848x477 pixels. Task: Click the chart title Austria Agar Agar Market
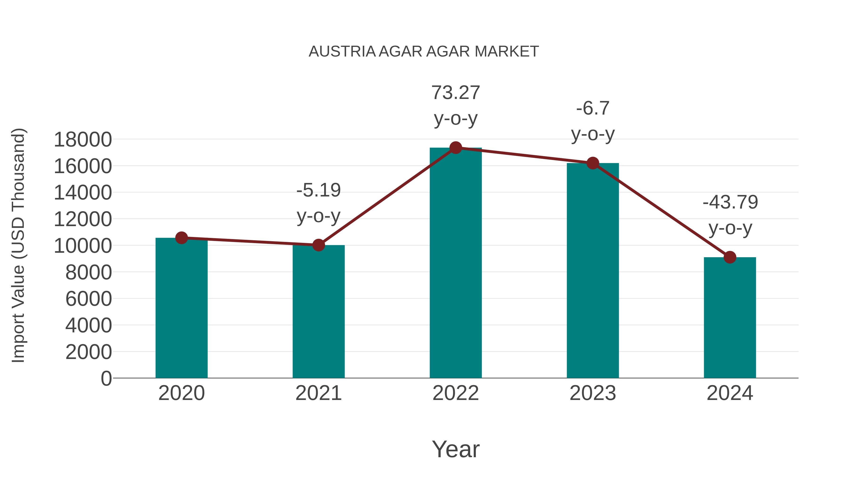pyautogui.click(x=424, y=51)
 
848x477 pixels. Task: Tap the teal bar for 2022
pyautogui.click(x=456, y=263)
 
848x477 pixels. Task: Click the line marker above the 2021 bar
pyautogui.click(x=318, y=245)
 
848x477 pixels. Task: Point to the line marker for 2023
pyautogui.click(x=593, y=163)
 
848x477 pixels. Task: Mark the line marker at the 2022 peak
pyautogui.click(x=456, y=148)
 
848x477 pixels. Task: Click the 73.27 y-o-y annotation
pyautogui.click(x=456, y=105)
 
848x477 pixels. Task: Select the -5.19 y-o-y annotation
pyautogui.click(x=318, y=203)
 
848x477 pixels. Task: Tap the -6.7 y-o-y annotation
pyautogui.click(x=593, y=121)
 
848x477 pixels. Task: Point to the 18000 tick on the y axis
pyautogui.click(x=83, y=140)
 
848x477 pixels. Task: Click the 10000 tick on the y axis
pyautogui.click(x=83, y=246)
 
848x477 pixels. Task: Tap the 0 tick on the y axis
pyautogui.click(x=106, y=379)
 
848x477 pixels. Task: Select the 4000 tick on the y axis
pyautogui.click(x=89, y=325)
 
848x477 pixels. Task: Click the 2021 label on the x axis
pyautogui.click(x=318, y=393)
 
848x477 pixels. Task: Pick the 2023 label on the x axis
pyautogui.click(x=593, y=393)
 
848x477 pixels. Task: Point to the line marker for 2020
pyautogui.click(x=181, y=238)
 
